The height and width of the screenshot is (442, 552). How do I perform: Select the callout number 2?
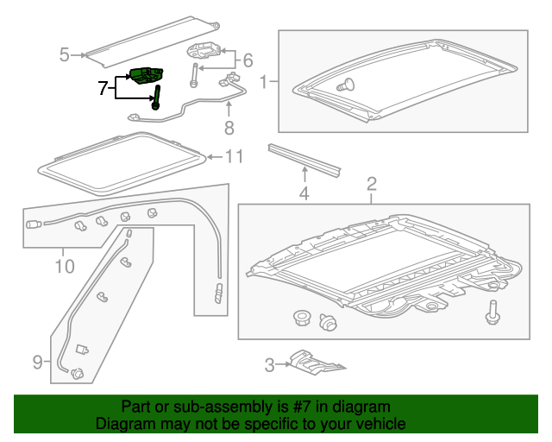pos(372,183)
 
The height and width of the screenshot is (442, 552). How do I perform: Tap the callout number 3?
pos(269,365)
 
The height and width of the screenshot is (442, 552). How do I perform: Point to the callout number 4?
pos(304,194)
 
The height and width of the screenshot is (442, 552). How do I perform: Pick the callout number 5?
pos(65,55)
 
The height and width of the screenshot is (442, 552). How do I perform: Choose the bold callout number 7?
pos(103,87)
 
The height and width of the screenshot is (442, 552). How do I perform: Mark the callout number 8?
pos(229,129)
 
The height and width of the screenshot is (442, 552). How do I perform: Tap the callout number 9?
pos(37,363)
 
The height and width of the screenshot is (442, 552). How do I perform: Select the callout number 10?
pos(65,266)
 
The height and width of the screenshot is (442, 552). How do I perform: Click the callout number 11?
pos(235,156)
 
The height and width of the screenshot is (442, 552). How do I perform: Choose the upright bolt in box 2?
pos(493,313)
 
